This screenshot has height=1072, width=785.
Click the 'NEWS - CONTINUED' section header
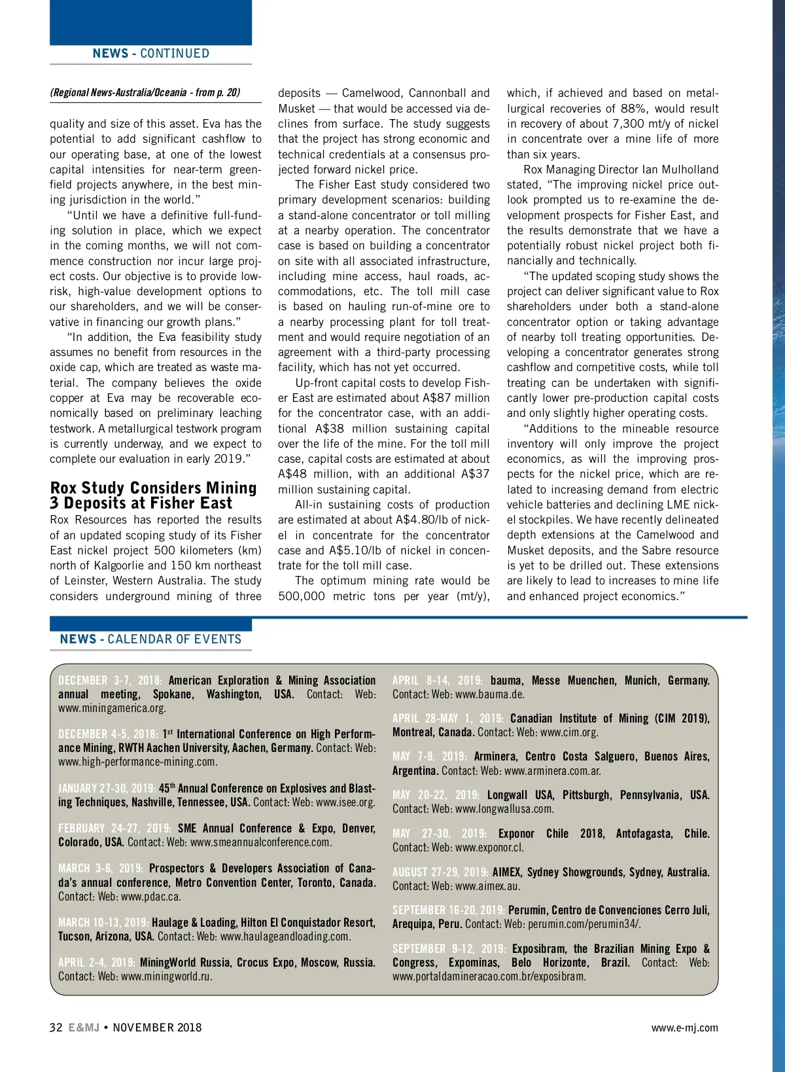tap(150, 54)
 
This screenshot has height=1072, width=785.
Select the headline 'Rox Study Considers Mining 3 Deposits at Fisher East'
tap(154, 495)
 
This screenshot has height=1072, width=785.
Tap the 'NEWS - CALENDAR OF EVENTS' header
tap(150, 639)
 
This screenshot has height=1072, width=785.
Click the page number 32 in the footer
tap(56, 1027)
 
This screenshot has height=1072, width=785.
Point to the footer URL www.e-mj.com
tap(684, 1027)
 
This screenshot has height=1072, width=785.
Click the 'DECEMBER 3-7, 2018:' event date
tap(110, 681)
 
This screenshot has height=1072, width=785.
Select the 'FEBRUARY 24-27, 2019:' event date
tap(114, 829)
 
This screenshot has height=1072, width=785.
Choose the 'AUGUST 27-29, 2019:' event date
tap(440, 872)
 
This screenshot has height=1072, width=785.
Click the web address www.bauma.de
tap(490, 694)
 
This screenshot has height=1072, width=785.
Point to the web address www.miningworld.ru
tap(167, 976)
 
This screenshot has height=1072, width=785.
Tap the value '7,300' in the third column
tap(629, 124)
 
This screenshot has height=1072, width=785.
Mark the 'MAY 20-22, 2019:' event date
tap(436, 795)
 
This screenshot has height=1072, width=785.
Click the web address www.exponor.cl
tap(490, 848)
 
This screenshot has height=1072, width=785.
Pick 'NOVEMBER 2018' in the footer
tap(158, 1027)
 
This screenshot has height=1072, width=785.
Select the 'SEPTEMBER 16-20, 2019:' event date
tap(449, 910)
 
